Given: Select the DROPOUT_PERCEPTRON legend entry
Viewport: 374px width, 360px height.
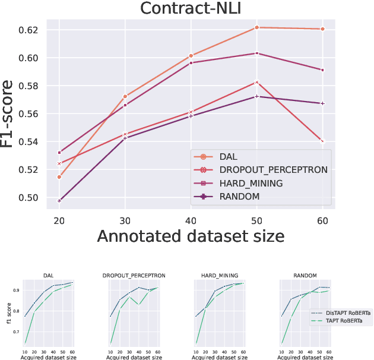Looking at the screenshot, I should pyautogui.click(x=273, y=170).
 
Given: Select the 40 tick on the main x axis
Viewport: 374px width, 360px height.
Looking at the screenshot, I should pyautogui.click(x=191, y=218).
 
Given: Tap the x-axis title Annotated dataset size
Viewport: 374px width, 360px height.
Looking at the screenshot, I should pyautogui.click(x=191, y=236).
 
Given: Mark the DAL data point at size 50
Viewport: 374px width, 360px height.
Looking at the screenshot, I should pyautogui.click(x=256, y=27).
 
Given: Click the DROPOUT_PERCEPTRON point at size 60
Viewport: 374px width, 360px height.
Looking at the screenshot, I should pyautogui.click(x=322, y=141).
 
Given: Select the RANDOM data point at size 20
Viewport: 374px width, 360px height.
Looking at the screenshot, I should pyautogui.click(x=59, y=201).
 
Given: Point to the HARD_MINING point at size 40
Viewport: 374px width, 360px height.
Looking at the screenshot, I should pyautogui.click(x=191, y=62).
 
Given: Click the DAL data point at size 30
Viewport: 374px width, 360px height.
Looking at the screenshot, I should pyautogui.click(x=125, y=96).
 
